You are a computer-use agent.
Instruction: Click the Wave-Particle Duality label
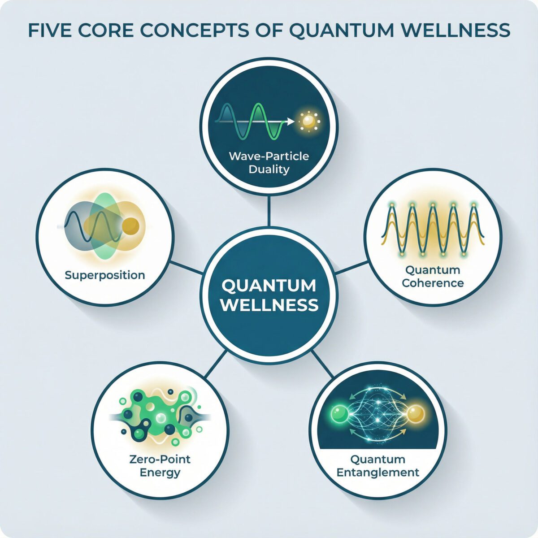(269, 163)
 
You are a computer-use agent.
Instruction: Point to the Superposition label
(105, 274)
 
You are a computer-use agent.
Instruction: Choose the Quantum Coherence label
(433, 276)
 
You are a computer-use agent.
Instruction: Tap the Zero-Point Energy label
(160, 465)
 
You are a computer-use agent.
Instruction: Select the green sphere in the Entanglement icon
(339, 413)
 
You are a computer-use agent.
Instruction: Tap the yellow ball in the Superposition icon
(130, 225)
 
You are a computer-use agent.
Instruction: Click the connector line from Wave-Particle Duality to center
(269, 212)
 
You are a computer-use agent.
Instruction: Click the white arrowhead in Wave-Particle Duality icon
(291, 121)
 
